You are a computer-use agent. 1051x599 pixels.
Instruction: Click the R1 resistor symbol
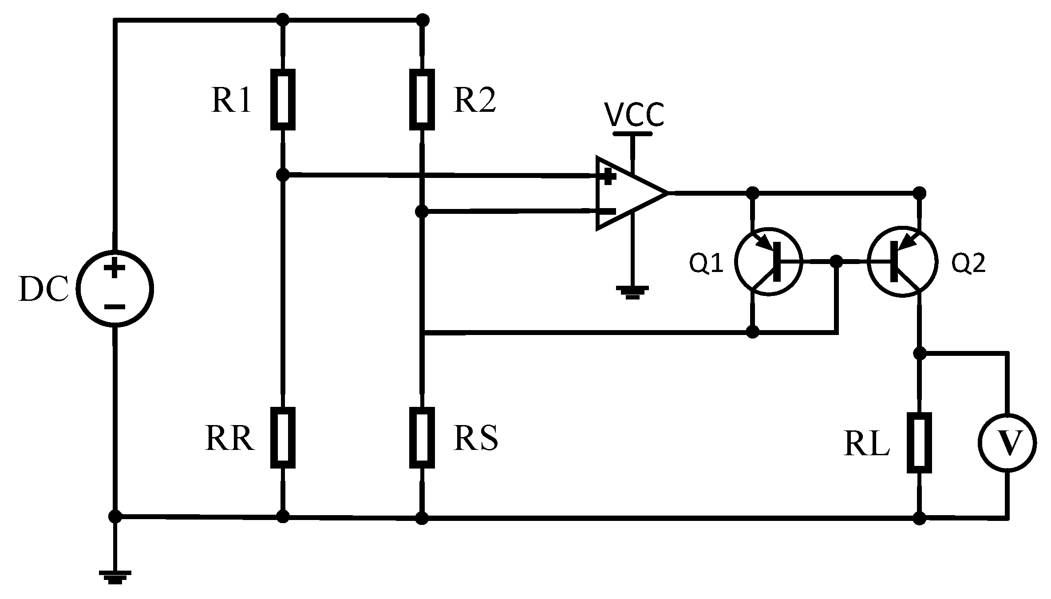point(283,99)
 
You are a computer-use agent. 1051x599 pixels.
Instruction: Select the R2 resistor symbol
point(422,99)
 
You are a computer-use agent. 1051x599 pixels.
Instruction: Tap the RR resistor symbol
point(283,438)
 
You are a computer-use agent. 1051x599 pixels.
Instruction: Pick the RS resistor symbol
point(422,438)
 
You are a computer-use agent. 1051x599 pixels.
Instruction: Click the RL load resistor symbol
point(919,443)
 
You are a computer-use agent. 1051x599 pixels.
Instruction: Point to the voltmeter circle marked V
point(1008,442)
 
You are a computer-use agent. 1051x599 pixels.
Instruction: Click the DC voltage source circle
point(115,288)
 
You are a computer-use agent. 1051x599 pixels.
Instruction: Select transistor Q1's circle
point(769,261)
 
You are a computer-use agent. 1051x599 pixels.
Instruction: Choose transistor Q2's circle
point(902,262)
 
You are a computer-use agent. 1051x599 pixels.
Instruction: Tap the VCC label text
point(634,115)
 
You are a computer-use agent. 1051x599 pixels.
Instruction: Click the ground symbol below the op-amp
point(632,292)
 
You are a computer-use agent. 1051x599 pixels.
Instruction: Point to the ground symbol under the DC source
point(115,578)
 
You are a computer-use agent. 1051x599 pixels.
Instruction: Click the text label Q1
point(706,264)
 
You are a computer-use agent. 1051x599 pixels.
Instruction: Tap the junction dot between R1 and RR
point(283,175)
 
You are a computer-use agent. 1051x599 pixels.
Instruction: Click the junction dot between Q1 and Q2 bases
point(836,261)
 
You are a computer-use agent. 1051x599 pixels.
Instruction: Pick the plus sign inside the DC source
point(115,268)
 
